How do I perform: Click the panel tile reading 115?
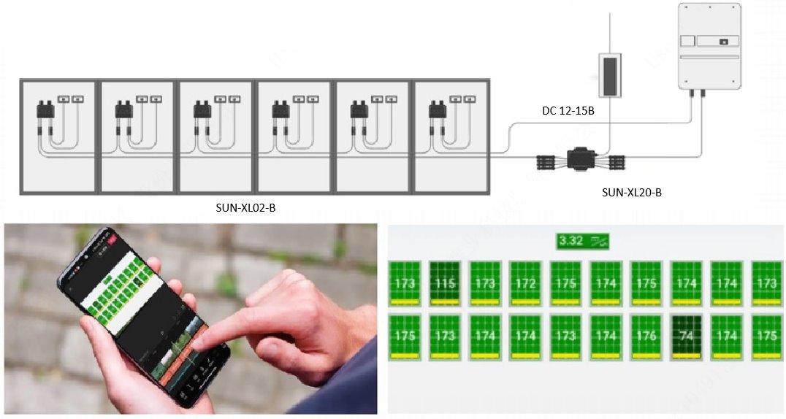point(444,282)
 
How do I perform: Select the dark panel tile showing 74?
point(686,337)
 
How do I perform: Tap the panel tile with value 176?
point(646,337)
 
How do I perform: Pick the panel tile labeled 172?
point(525,282)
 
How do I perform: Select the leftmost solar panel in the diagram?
point(58,137)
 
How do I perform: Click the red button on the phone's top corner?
point(112,237)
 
